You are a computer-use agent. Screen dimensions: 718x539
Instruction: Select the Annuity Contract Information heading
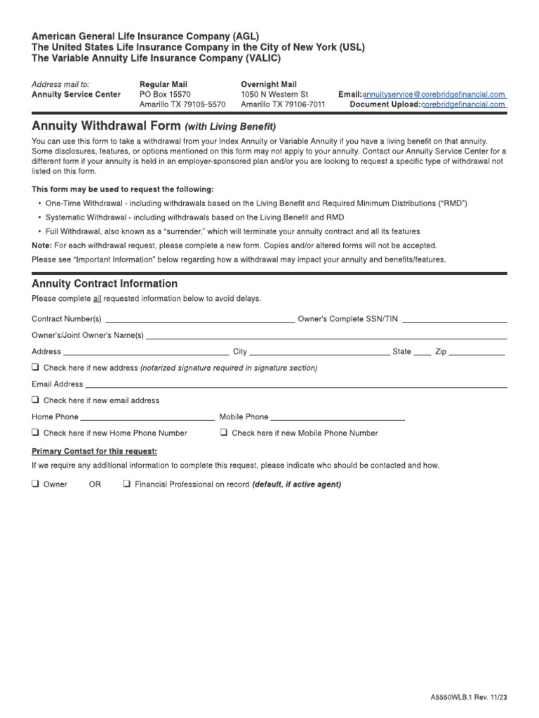(105, 283)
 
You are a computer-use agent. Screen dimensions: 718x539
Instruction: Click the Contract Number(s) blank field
(199, 320)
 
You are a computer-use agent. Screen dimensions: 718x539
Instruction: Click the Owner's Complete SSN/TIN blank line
(454, 320)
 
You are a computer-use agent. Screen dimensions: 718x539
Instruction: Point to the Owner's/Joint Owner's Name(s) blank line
(326, 336)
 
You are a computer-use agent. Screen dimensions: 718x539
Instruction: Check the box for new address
(35, 367)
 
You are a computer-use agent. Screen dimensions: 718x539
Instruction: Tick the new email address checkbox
(35, 400)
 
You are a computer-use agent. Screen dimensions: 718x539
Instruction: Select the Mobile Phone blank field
(338, 417)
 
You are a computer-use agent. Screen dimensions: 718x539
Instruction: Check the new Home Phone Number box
(35, 433)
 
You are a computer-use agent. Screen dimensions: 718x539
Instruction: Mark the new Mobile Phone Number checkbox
(223, 433)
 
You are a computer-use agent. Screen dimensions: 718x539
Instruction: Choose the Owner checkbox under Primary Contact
(35, 484)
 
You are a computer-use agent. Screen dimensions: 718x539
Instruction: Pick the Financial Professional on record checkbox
(126, 484)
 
